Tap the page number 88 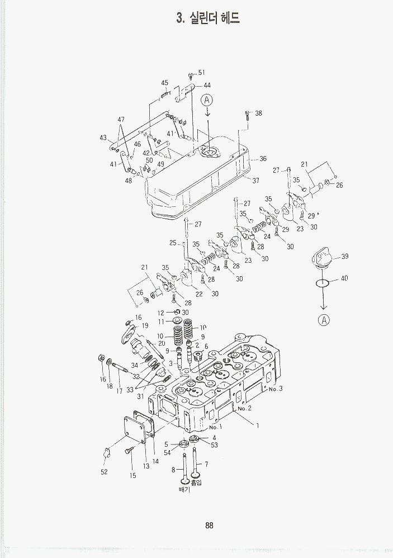pos(209,525)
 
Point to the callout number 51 pos(201,73)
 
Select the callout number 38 pos(258,113)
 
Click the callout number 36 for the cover pos(263,159)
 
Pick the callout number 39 pos(344,256)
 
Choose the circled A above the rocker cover pos(207,101)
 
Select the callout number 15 pos(133,476)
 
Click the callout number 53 pos(214,444)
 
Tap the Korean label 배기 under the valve pos(184,490)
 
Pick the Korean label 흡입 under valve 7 pos(196,482)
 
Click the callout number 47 pos(121,120)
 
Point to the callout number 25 pos(173,243)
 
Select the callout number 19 pos(145,325)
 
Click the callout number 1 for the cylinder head pos(258,426)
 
